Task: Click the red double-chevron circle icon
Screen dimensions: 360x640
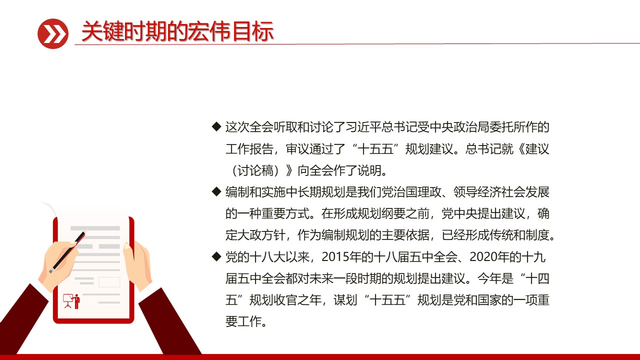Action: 52,33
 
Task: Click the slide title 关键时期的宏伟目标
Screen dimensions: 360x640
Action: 177,32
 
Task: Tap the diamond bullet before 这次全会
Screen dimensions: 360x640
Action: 216,126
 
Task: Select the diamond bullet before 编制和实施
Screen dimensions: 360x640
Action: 216,191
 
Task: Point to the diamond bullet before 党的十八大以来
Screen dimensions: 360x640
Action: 216,256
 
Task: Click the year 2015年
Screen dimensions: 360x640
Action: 340,257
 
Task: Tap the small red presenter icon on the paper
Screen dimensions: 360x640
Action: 71,300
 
